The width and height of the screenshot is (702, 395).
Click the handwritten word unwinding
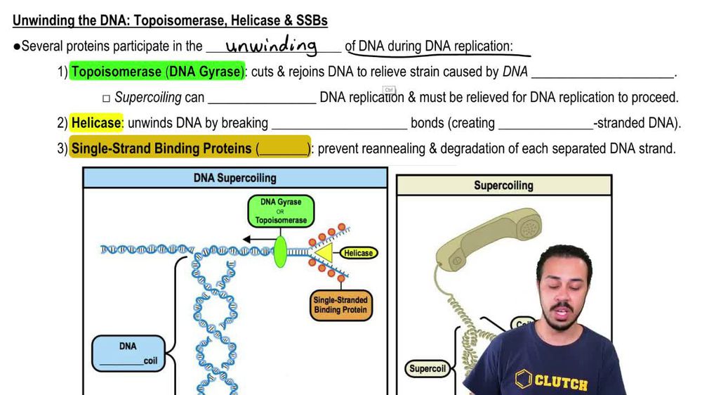[x=271, y=46]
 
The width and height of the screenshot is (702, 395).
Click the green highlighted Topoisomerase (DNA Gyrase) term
[x=157, y=72]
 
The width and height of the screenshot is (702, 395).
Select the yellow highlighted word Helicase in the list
[x=96, y=123]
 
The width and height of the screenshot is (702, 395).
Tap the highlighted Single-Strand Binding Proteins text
[x=161, y=148]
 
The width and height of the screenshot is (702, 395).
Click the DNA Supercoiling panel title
[x=234, y=178]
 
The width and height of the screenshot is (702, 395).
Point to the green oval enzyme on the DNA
[x=280, y=252]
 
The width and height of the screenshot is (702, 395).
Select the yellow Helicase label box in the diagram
[x=358, y=252]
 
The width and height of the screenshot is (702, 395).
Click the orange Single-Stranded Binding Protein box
[x=340, y=304]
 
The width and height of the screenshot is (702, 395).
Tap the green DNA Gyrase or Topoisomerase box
[x=281, y=211]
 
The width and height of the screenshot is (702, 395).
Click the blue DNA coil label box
[x=128, y=354]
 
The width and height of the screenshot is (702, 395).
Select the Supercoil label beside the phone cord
[x=428, y=368]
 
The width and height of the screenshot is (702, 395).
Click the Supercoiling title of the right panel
[x=503, y=186]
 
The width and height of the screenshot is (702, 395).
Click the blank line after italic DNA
[x=602, y=72]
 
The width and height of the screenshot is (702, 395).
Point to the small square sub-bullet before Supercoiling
[x=106, y=98]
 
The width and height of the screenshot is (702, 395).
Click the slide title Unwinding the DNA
[x=170, y=20]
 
